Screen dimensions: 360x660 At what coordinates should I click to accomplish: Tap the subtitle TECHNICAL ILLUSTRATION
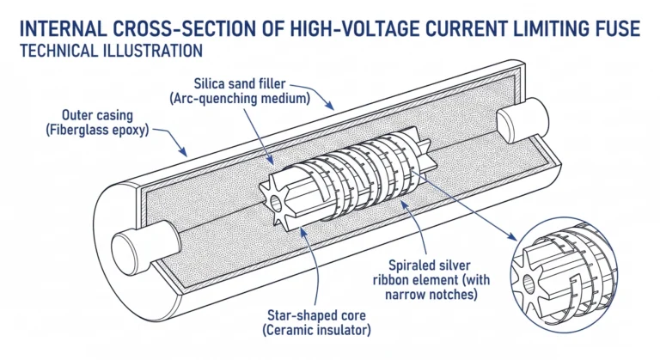108,52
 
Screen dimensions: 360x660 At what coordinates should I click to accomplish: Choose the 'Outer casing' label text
98,115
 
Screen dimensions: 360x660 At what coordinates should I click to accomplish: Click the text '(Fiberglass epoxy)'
98,131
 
